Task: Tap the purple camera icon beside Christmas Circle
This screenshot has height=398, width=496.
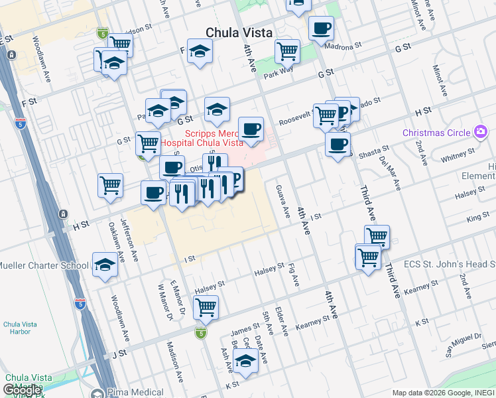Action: [480, 133]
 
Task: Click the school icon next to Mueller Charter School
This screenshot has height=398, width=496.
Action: [105, 265]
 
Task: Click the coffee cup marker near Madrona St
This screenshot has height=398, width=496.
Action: [321, 29]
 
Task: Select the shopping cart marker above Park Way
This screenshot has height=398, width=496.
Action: [287, 50]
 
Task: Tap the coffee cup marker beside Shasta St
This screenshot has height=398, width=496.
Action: [338, 145]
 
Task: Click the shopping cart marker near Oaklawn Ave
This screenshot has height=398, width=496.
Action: [110, 185]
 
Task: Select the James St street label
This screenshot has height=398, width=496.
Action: [245, 328]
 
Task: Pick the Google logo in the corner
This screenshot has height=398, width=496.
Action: [23, 390]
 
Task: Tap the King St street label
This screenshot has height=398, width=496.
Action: [478, 218]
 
